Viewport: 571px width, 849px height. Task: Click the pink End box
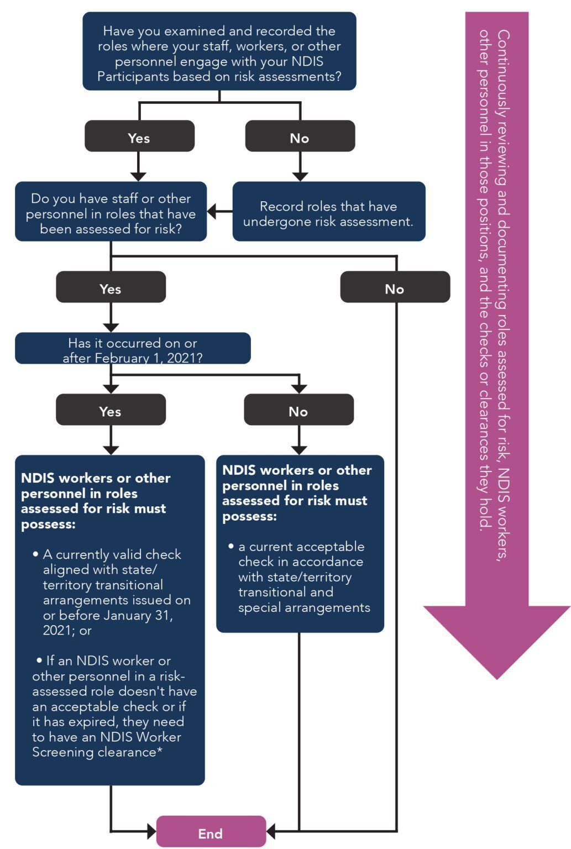(x=211, y=832)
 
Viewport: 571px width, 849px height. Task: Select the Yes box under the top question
(x=139, y=137)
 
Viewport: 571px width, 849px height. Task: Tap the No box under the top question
(x=300, y=137)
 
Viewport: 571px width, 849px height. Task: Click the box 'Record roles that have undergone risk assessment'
(x=328, y=213)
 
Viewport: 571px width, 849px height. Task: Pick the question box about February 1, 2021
(x=133, y=349)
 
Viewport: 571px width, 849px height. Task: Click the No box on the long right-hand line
(x=395, y=288)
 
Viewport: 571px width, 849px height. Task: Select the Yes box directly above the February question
(x=111, y=288)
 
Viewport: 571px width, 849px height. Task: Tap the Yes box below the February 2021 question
(x=111, y=411)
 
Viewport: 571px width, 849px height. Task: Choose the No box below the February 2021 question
(x=298, y=411)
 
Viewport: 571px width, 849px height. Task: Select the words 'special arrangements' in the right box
(x=304, y=607)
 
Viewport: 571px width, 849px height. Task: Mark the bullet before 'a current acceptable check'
(x=231, y=546)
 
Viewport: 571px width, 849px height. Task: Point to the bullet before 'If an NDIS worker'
(x=39, y=661)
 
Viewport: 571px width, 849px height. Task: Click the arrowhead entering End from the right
(x=271, y=830)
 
